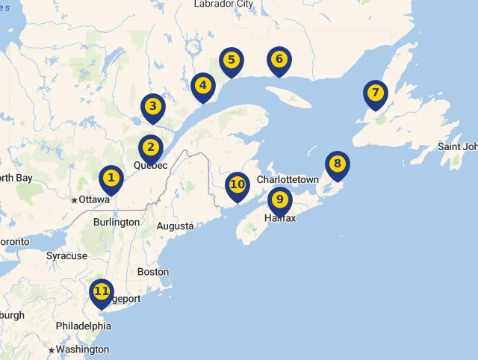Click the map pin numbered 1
pyautogui.click(x=111, y=179)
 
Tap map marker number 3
pyautogui.click(x=152, y=107)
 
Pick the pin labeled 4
pyautogui.click(x=202, y=86)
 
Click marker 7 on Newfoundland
pyautogui.click(x=375, y=93)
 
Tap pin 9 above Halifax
pyautogui.click(x=279, y=199)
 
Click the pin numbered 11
pyautogui.click(x=101, y=292)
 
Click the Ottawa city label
pyautogui.click(x=94, y=200)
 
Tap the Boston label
pyautogui.click(x=153, y=273)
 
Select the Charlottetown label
pyautogui.click(x=288, y=180)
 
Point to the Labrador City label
pyautogui.click(x=223, y=4)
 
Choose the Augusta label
pyautogui.click(x=175, y=226)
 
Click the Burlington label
pyautogui.click(x=117, y=223)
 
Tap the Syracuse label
pyautogui.click(x=66, y=256)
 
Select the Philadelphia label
pyautogui.click(x=83, y=326)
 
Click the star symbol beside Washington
pyautogui.click(x=51, y=350)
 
